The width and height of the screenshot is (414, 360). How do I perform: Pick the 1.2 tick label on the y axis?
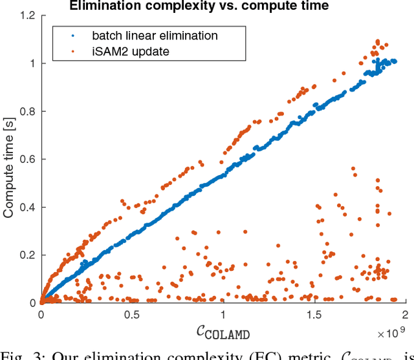pos(28,16)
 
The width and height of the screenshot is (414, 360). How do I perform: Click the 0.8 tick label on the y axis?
pos(28,111)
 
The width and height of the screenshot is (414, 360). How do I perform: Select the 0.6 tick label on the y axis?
pos(28,159)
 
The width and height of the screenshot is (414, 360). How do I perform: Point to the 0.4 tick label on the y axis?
pos(28,207)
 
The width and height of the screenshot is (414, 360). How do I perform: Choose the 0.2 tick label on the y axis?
pos(28,255)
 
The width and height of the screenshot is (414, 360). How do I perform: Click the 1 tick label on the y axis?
pos(32,63)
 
